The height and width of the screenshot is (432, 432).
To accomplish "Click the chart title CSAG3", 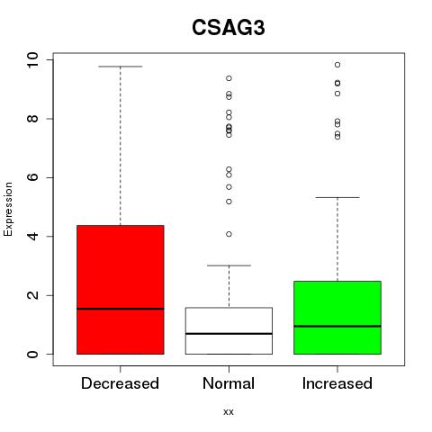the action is coord(229,28).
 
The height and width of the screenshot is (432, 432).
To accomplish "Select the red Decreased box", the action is coord(121,290).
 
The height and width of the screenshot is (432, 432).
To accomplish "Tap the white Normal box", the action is coord(229,330).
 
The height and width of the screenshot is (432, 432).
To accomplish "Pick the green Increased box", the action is coord(337,318).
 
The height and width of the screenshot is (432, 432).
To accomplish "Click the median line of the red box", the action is coord(121,309).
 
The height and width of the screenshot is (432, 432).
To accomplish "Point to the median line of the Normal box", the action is coord(229,333).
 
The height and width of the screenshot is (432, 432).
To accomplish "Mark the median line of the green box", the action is coord(337,326).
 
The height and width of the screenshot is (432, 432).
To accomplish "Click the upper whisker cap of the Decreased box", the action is coord(121,67).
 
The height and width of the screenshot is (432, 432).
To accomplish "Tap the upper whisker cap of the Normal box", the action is coord(229,265).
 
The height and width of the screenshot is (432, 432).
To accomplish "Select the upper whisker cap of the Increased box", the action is coord(337,197).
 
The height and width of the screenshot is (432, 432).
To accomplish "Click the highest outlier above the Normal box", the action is coord(229,78).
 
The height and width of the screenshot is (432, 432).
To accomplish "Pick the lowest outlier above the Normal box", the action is coord(229,234).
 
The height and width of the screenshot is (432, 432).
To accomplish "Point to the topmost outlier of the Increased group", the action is coord(337,65).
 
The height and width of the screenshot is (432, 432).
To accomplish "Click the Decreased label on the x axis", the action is coord(120,383).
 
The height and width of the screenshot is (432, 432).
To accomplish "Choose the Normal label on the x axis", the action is coord(229,383).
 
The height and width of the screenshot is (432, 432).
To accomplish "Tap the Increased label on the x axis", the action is coord(337,383).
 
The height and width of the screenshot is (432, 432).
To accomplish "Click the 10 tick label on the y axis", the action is coord(32,60).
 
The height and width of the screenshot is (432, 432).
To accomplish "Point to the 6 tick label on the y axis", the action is coord(32,177).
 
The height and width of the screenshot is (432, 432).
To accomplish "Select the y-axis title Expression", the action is coord(8,209).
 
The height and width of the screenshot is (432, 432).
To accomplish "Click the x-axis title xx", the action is coord(229,412).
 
